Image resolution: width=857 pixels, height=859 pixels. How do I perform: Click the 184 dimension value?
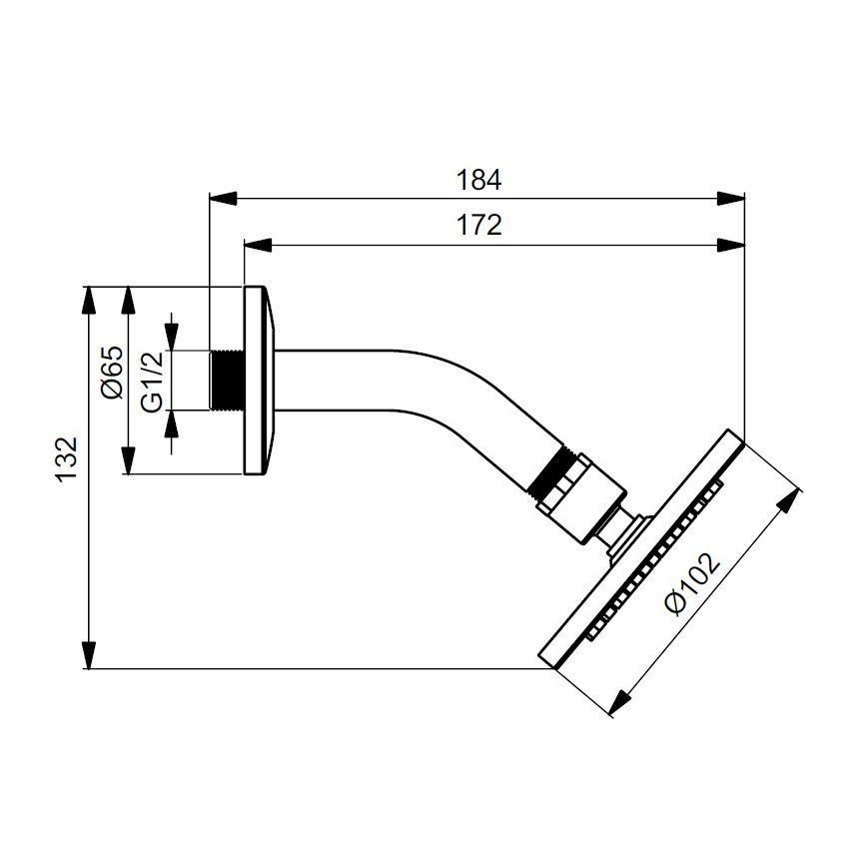click(477, 180)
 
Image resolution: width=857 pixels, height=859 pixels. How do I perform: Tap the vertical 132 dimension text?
click(66, 460)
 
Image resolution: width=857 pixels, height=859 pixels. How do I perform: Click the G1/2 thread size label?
click(151, 381)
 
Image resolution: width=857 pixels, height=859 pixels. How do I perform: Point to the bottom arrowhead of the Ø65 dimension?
click(128, 460)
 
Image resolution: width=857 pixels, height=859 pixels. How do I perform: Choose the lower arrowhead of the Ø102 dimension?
click(616, 703)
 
